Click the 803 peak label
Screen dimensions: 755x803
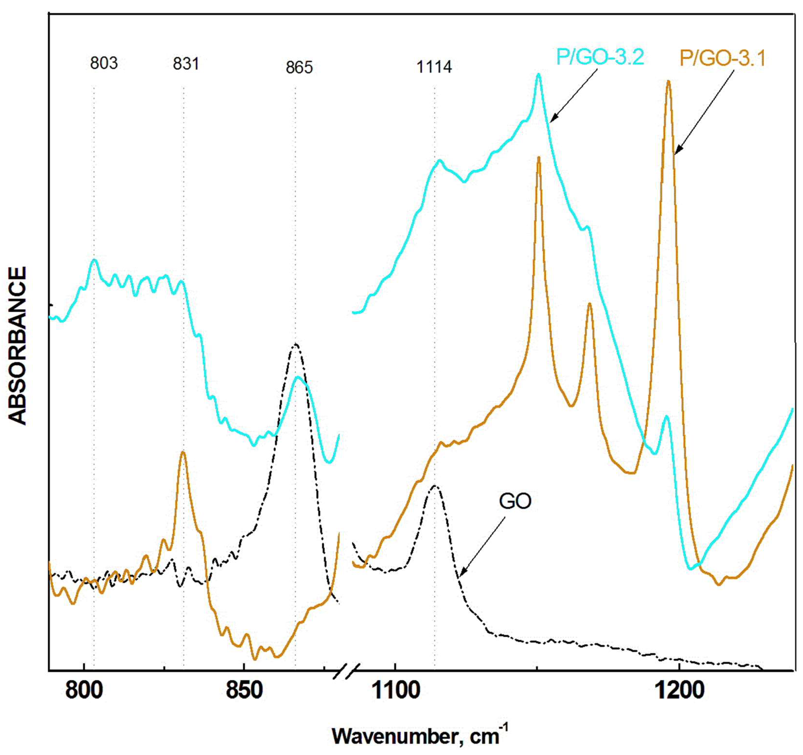(x=104, y=63)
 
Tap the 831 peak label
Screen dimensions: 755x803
(x=186, y=64)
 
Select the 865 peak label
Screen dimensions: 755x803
(x=299, y=67)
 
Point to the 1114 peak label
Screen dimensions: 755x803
(x=434, y=67)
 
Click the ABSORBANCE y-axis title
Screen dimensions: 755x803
(x=18, y=345)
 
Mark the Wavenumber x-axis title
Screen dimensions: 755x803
(x=420, y=736)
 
